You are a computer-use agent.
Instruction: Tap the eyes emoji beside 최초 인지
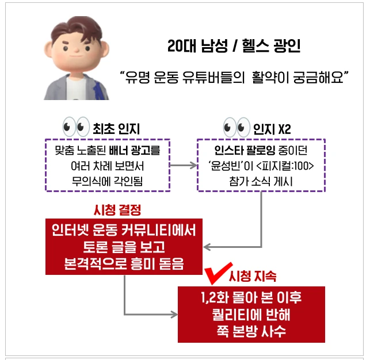pyautogui.click(x=76, y=127)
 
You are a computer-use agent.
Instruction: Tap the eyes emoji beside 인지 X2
pyautogui.click(x=237, y=127)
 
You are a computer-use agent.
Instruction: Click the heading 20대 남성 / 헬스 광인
pyautogui.click(x=234, y=46)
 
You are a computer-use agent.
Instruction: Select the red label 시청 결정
pyautogui.click(x=117, y=210)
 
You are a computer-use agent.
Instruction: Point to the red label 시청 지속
pyautogui.click(x=253, y=276)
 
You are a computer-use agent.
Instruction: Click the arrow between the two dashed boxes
pyautogui.click(x=184, y=166)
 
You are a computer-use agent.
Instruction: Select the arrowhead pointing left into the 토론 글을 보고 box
pyautogui.click(x=207, y=247)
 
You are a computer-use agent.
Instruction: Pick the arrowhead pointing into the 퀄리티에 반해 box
pyautogui.click(x=174, y=314)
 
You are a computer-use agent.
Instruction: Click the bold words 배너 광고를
pyautogui.click(x=135, y=150)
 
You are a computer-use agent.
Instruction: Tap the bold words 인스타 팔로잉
pyautogui.click(x=245, y=150)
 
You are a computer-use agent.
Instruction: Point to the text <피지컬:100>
pyautogui.click(x=285, y=166)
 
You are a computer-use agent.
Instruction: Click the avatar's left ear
pyautogui.click(x=48, y=49)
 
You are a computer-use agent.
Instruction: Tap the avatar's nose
pyautogui.click(x=77, y=50)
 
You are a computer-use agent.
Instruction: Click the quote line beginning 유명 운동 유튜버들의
pyautogui.click(x=234, y=77)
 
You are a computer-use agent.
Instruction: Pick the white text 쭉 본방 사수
pyautogui.click(x=251, y=331)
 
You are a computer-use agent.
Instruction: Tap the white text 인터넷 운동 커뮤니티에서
pyautogui.click(x=124, y=230)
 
